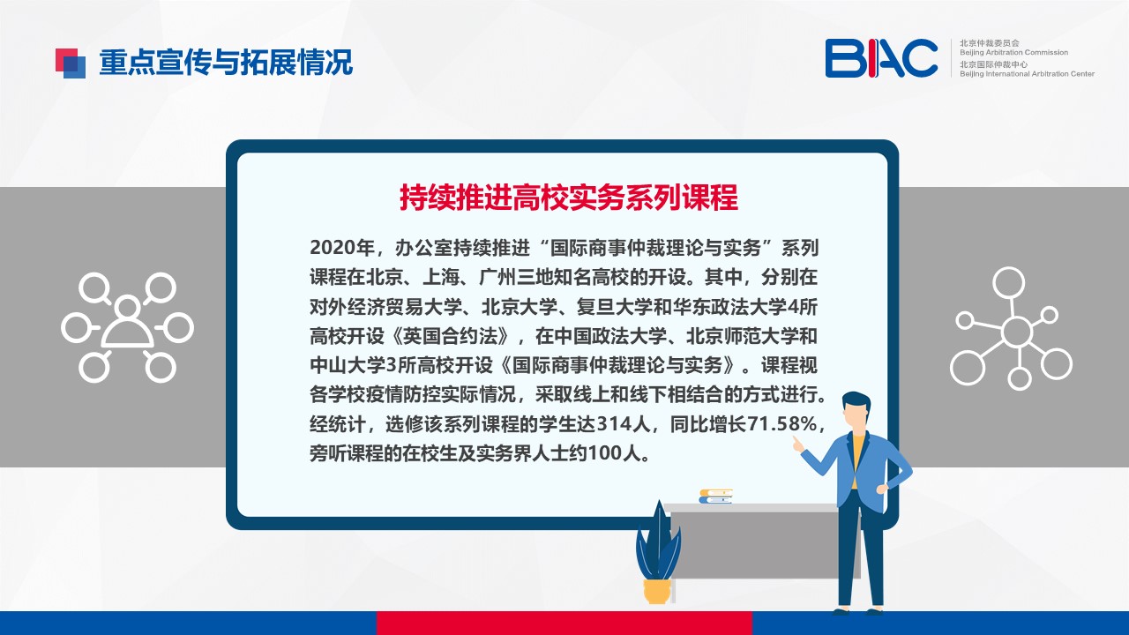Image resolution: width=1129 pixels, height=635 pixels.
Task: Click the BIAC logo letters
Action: pyautogui.click(x=881, y=58)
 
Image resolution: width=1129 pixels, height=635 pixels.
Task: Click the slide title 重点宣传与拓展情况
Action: pyautogui.click(x=226, y=63)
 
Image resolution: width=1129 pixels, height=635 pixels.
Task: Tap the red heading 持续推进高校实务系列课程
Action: pyautogui.click(x=569, y=197)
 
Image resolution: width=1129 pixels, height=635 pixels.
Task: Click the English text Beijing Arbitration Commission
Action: pyautogui.click(x=1013, y=52)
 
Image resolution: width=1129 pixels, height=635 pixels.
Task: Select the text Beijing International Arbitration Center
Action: pyautogui.click(x=1027, y=74)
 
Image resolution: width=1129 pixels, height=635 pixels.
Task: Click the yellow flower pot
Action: pyautogui.click(x=657, y=592)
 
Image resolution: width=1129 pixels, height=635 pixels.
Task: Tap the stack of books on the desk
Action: pyautogui.click(x=715, y=497)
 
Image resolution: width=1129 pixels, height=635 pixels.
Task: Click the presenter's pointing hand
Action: pyautogui.click(x=798, y=444)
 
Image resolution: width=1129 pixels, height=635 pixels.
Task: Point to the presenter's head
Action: pyautogui.click(x=856, y=412)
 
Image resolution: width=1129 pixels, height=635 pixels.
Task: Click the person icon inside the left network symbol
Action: pyautogui.click(x=128, y=326)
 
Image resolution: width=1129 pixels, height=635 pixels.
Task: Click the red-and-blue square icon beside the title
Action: pyautogui.click(x=70, y=63)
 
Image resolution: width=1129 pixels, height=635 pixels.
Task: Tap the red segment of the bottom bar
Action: pyautogui.click(x=564, y=623)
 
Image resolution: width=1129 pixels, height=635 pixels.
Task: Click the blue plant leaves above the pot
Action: pyautogui.click(x=658, y=542)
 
